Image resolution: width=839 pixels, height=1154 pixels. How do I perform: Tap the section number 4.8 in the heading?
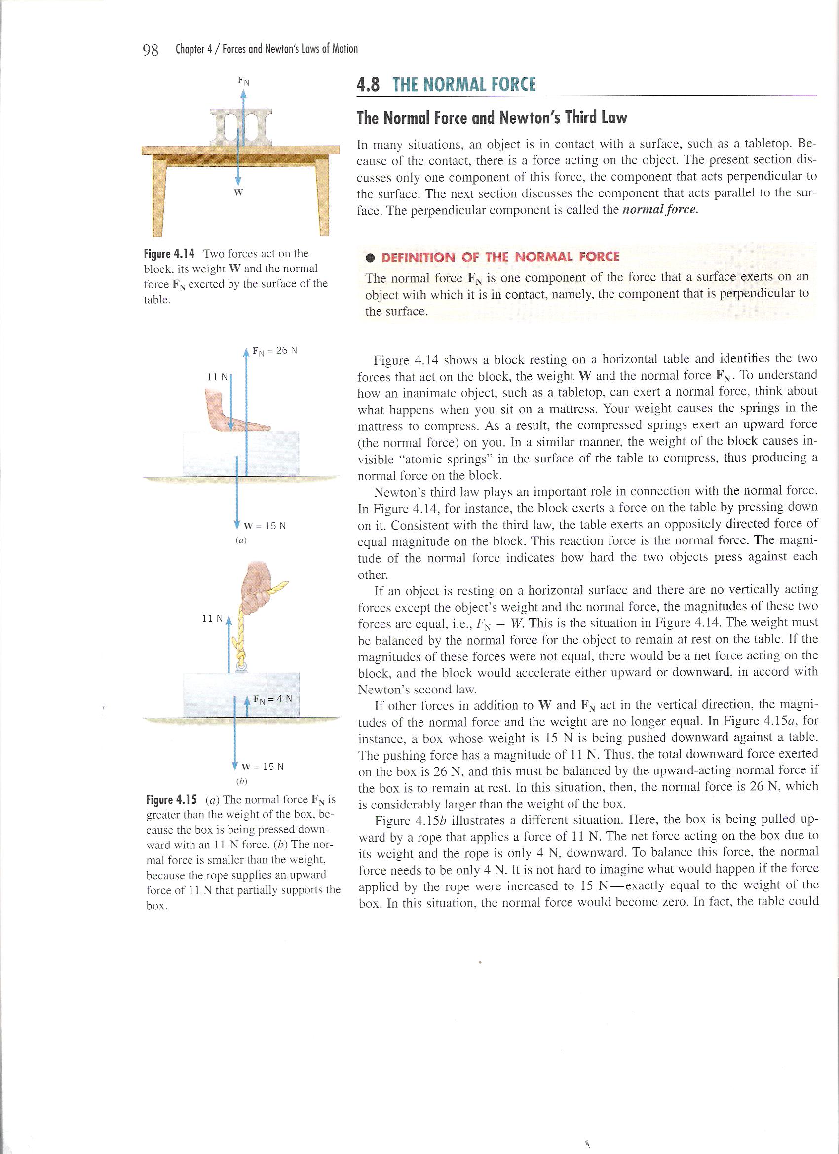[368, 84]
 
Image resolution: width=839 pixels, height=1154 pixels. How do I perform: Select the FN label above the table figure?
[244, 80]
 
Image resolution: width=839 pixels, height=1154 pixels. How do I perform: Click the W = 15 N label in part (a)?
[265, 526]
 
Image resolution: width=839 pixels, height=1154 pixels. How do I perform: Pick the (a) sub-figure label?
[241, 540]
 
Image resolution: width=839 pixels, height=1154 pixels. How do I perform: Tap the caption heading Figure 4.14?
[169, 253]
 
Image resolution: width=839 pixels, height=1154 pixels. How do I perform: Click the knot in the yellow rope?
[241, 653]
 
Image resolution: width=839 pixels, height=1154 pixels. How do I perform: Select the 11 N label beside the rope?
[213, 619]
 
